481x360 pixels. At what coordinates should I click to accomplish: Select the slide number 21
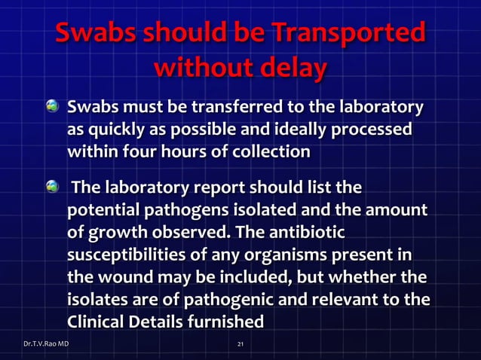tap(240, 344)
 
